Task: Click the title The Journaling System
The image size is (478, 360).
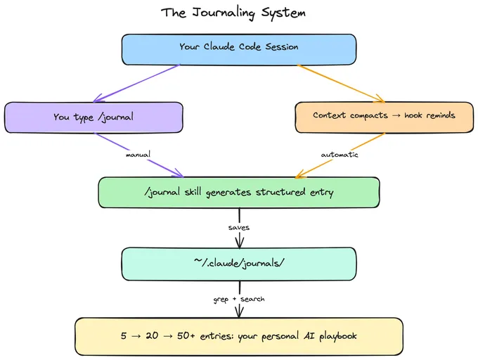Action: (233, 13)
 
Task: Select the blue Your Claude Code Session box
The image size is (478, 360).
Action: (239, 48)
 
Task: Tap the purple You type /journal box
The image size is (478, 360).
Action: (93, 117)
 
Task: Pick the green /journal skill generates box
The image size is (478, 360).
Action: (239, 192)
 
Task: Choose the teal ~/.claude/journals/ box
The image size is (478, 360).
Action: (239, 262)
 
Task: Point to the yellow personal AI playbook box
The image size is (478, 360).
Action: (239, 336)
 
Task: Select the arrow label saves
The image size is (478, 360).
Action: (239, 227)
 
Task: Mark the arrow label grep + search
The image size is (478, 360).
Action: (239, 299)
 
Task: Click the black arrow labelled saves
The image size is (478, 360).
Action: (239, 214)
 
